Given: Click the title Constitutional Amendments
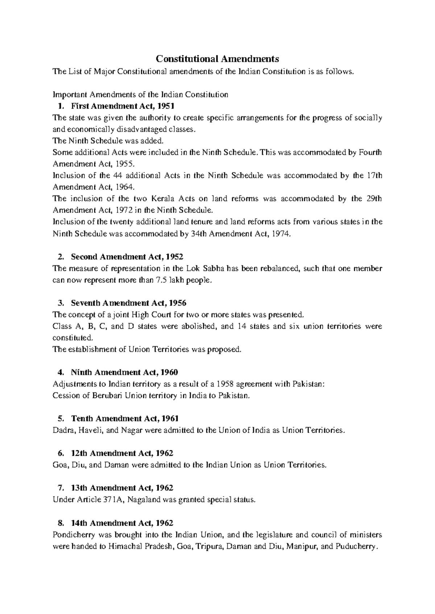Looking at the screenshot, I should pos(217,59).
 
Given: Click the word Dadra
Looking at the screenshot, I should pos(62,430).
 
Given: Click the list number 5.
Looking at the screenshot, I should pos(60,419).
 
